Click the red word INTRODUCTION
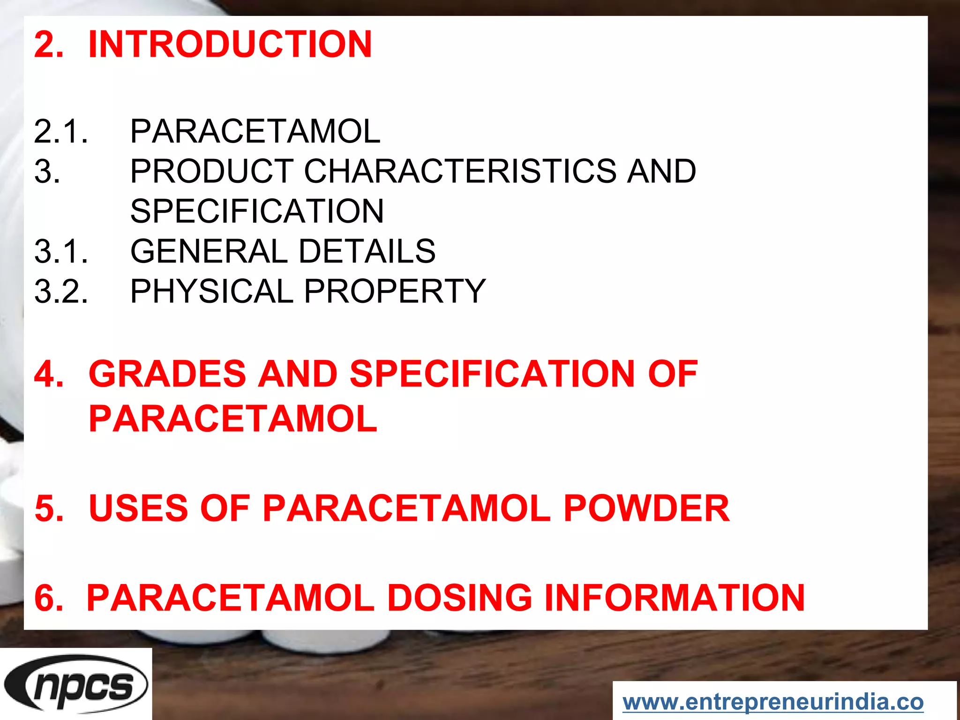[230, 44]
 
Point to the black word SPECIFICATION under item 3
[257, 211]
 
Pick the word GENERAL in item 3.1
[209, 251]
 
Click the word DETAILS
[367, 251]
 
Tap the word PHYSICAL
[211, 291]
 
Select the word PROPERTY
[395, 291]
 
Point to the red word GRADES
[167, 374]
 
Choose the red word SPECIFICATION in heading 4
[492, 374]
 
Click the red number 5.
[49, 508]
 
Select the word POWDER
[646, 508]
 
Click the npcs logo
[76, 684]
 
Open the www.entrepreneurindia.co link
[773, 702]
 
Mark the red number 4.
[49, 374]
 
